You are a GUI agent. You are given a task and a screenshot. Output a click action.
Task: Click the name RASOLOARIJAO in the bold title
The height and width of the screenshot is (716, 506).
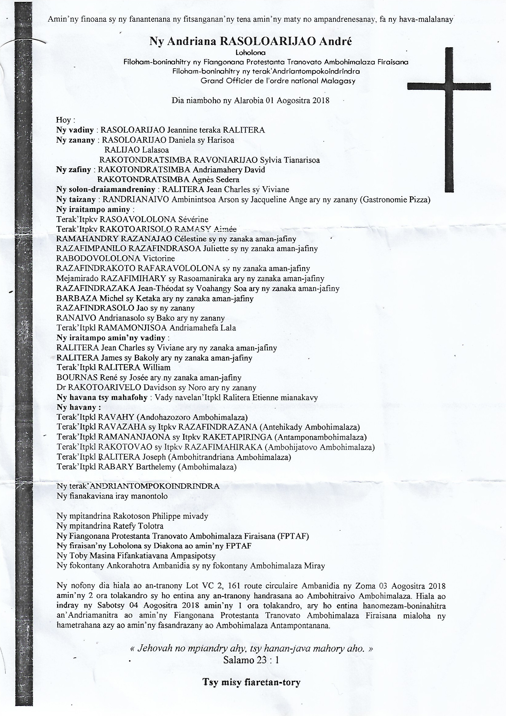click(254, 41)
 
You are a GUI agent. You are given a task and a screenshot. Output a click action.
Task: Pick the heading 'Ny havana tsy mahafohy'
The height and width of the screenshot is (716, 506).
click(102, 398)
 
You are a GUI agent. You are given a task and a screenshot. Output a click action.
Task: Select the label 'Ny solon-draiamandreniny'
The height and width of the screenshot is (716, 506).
click(106, 189)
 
